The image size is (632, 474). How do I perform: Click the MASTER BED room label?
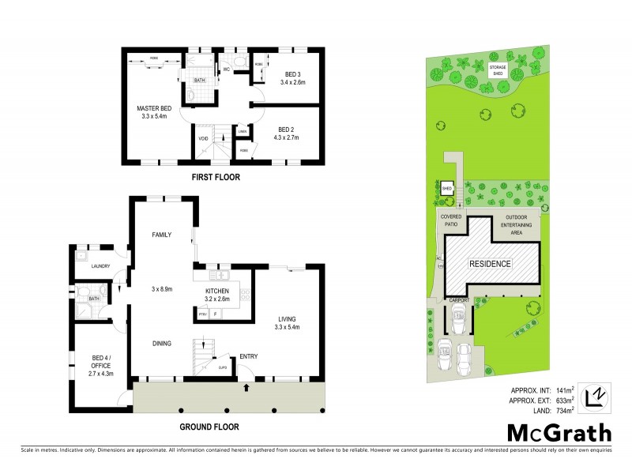pos(154,108)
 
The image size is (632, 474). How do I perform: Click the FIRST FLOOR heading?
pos(215,178)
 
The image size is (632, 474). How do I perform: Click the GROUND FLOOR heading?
pos(209,427)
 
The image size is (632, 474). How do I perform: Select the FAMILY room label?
pos(162,235)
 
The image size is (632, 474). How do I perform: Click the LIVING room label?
pos(287,318)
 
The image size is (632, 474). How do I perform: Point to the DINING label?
pos(162,343)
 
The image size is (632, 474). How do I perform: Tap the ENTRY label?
pos(246,355)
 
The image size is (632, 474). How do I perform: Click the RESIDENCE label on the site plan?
pos(491,263)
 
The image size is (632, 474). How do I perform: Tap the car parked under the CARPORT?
pos(458,321)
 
